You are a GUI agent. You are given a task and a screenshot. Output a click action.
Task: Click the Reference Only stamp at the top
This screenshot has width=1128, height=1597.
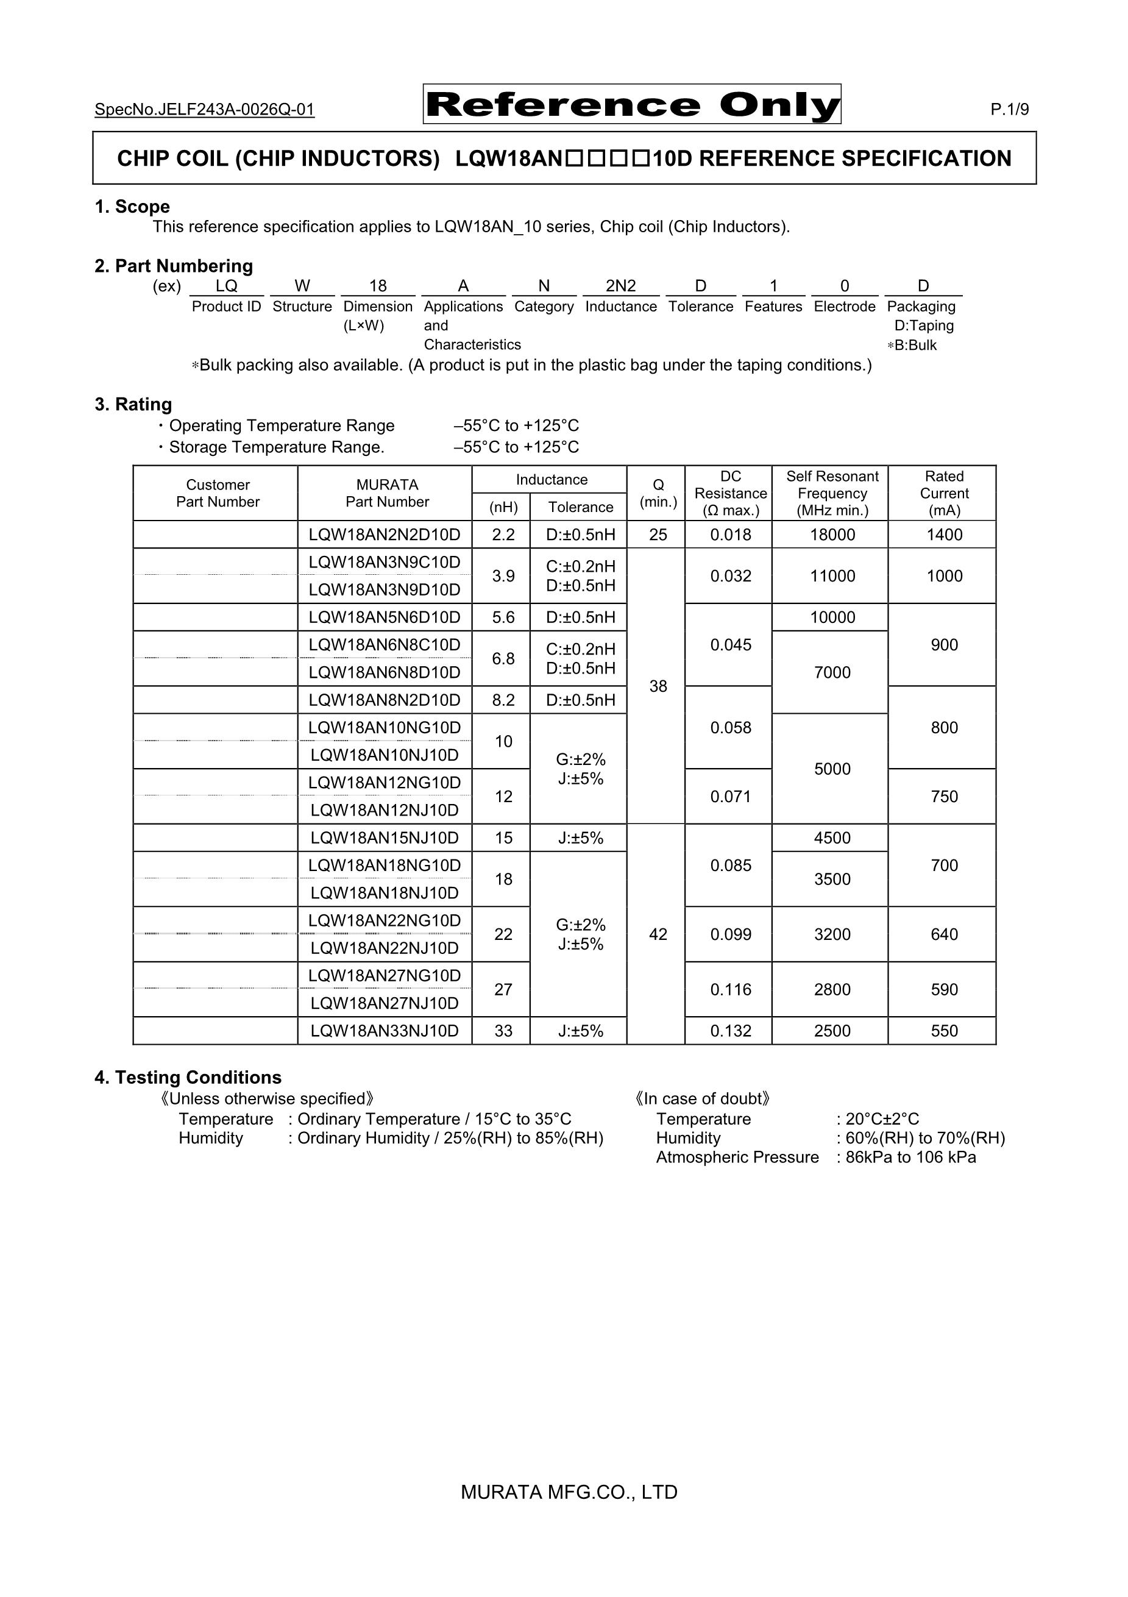pyautogui.click(x=631, y=104)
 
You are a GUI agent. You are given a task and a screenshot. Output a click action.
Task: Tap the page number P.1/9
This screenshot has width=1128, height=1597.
pyautogui.click(x=1009, y=109)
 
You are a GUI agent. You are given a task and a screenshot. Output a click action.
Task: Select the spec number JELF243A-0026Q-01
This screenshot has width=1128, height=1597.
pyautogui.click(x=205, y=109)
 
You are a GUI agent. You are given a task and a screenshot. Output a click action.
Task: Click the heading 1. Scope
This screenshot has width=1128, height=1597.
pyautogui.click(x=132, y=207)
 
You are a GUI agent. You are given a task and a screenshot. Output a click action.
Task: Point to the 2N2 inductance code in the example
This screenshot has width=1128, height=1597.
pyautogui.click(x=620, y=286)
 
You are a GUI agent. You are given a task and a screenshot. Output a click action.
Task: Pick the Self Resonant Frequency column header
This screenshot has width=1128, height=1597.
pyautogui.click(x=832, y=493)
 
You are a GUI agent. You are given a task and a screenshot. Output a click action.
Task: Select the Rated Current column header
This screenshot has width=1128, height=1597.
pyautogui.click(x=944, y=493)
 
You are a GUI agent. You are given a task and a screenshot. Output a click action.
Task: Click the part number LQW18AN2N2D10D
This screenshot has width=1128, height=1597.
pyautogui.click(x=385, y=535)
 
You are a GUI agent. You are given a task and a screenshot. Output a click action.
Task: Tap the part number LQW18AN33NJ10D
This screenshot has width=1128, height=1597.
pyautogui.click(x=385, y=1031)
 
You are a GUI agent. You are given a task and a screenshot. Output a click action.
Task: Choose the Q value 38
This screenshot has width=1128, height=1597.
pyautogui.click(x=658, y=686)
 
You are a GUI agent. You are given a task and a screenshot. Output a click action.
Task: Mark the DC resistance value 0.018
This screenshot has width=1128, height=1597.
pyautogui.click(x=730, y=535)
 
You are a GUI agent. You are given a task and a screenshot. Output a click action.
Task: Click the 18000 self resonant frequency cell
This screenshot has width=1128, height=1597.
pyautogui.click(x=832, y=535)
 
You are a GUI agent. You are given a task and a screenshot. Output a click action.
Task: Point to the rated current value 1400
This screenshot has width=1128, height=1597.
pyautogui.click(x=944, y=535)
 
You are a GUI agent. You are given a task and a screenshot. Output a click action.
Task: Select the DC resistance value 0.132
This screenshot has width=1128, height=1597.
pyautogui.click(x=730, y=1031)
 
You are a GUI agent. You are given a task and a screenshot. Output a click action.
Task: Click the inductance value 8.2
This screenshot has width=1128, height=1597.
pyautogui.click(x=503, y=700)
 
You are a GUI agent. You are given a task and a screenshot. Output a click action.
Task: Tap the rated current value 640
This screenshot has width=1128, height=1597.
pyautogui.click(x=944, y=934)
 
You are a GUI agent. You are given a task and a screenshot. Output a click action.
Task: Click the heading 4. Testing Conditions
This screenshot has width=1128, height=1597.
pyautogui.click(x=188, y=1078)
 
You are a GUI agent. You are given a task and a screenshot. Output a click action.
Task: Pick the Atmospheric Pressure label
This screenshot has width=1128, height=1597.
pyautogui.click(x=737, y=1157)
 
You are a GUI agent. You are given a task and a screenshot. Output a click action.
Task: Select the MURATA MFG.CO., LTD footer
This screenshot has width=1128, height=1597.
pyautogui.click(x=569, y=1492)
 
